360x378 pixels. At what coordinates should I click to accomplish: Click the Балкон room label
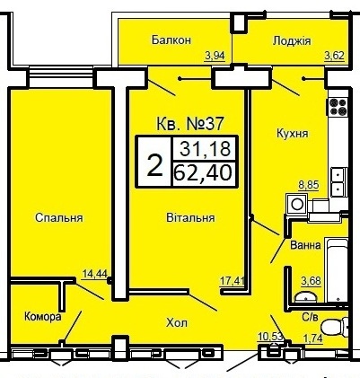(x=171, y=40)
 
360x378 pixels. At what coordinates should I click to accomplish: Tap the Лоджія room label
(x=292, y=41)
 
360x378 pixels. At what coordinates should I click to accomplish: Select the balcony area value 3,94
(x=215, y=56)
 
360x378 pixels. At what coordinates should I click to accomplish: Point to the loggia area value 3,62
(x=335, y=56)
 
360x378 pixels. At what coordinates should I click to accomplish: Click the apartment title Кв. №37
(x=190, y=124)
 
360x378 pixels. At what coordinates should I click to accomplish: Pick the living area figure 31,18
(x=206, y=149)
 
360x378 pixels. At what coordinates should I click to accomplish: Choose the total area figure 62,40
(x=203, y=172)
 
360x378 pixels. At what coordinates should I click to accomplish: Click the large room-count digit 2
(x=154, y=165)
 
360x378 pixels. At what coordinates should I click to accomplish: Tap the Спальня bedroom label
(x=59, y=217)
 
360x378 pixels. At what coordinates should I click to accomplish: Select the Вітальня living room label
(x=190, y=217)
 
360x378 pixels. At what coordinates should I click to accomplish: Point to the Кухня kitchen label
(x=293, y=134)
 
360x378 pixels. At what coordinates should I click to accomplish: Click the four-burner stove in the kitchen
(x=338, y=108)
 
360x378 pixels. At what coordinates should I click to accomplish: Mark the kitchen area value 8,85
(x=309, y=185)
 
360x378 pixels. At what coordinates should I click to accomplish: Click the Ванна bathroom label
(x=306, y=246)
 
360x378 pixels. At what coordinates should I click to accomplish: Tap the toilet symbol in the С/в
(x=335, y=327)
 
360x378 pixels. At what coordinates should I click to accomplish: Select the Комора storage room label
(x=43, y=317)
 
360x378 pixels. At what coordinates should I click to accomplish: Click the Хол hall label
(x=177, y=323)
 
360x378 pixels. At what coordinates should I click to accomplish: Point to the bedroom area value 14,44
(x=95, y=274)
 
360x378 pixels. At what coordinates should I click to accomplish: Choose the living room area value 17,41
(x=233, y=281)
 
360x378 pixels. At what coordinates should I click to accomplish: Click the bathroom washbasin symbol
(x=305, y=297)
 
